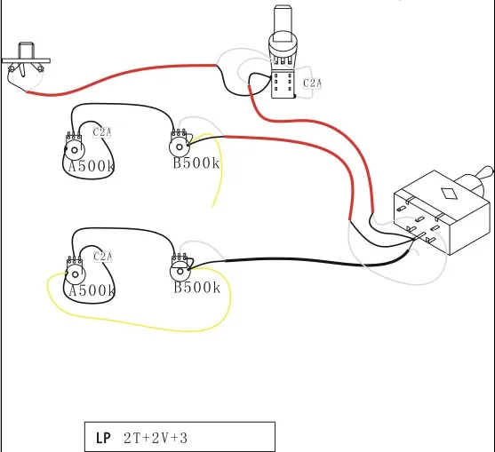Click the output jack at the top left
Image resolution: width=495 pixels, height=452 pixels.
tap(25, 59)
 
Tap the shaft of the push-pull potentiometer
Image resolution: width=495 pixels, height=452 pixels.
tap(283, 23)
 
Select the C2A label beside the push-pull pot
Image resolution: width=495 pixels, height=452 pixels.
tap(312, 83)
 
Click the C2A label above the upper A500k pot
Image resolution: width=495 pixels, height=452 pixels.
tap(102, 132)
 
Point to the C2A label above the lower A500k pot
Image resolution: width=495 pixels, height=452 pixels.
tap(102, 257)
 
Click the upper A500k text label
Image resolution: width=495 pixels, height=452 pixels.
tap(91, 166)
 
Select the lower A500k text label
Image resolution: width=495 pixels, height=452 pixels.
tap(92, 290)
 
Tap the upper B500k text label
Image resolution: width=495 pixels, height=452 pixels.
tap(196, 163)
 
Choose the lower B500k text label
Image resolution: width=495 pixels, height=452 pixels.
tap(197, 288)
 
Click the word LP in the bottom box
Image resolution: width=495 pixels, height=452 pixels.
tap(103, 438)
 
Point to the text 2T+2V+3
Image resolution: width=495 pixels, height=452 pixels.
tap(156, 438)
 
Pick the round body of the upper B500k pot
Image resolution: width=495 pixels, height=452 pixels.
tap(179, 147)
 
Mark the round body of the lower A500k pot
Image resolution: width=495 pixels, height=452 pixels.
tap(75, 274)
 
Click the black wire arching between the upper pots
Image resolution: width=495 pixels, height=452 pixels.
tap(124, 104)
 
